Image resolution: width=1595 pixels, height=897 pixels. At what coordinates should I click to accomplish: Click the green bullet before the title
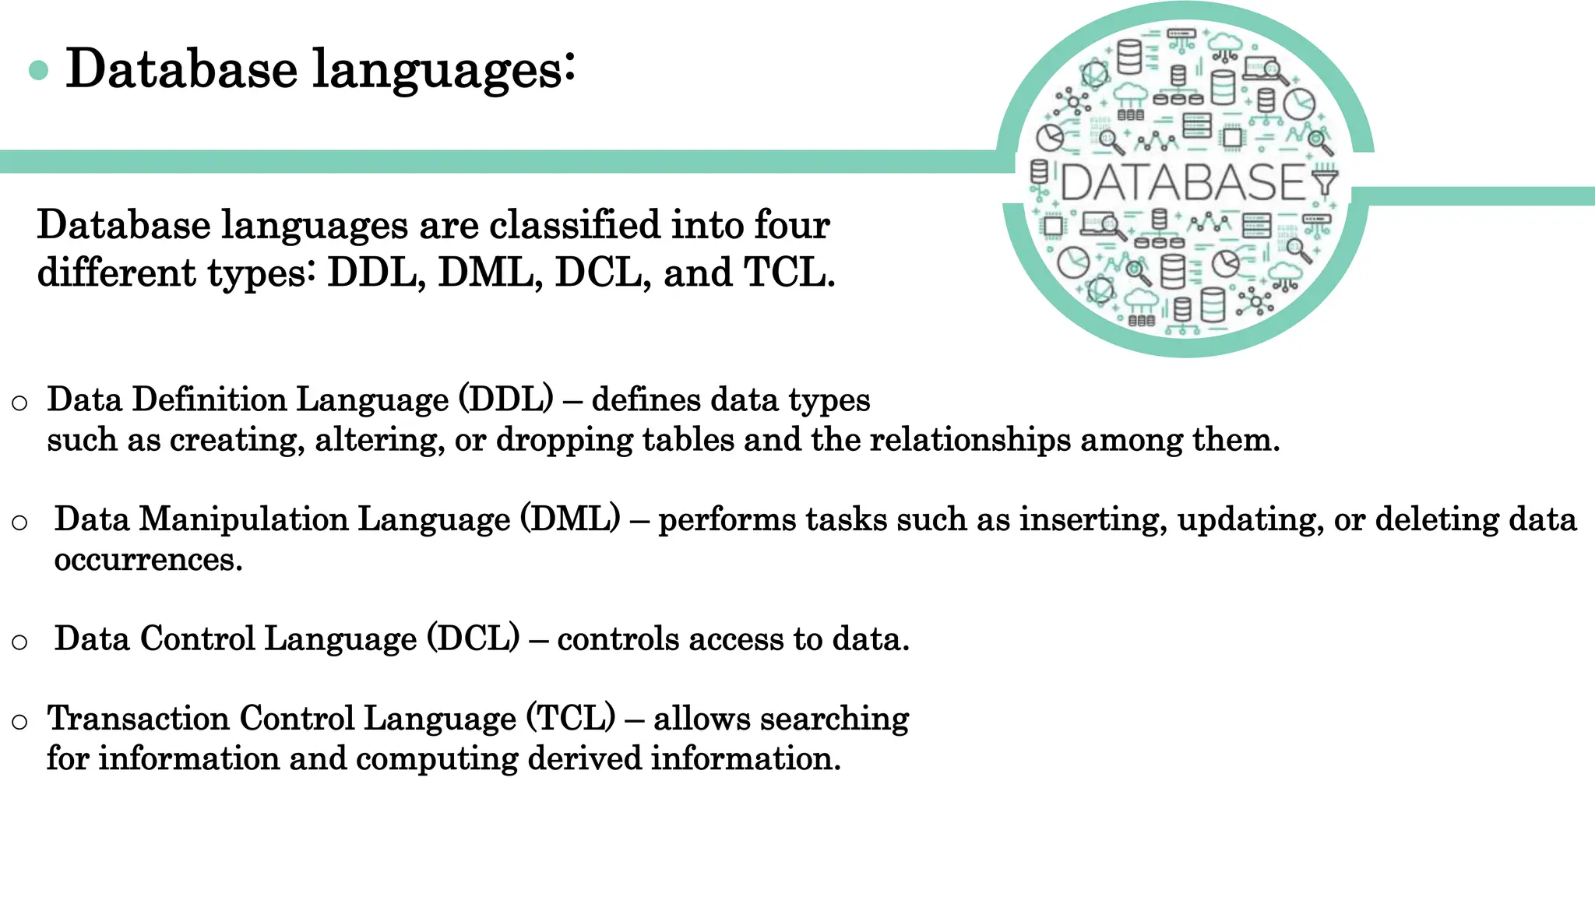(x=38, y=71)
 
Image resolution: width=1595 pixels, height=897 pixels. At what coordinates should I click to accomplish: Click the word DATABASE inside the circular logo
(x=1182, y=183)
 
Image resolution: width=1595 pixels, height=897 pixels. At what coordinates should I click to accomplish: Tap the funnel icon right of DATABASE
(x=1324, y=181)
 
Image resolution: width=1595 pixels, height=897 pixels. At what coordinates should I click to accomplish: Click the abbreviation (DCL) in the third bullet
(x=473, y=638)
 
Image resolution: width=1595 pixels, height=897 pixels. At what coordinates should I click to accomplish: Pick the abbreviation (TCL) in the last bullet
(x=571, y=718)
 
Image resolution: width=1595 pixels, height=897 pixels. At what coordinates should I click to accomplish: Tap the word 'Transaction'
(x=139, y=718)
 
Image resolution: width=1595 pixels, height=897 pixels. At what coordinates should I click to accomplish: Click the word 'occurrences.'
(x=148, y=559)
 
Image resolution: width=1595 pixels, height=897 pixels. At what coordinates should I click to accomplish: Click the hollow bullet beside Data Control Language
(x=20, y=642)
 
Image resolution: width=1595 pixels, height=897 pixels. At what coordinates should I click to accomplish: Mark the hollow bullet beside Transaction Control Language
(x=20, y=722)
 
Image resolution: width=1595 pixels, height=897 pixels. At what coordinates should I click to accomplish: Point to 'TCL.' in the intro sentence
(x=789, y=273)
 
